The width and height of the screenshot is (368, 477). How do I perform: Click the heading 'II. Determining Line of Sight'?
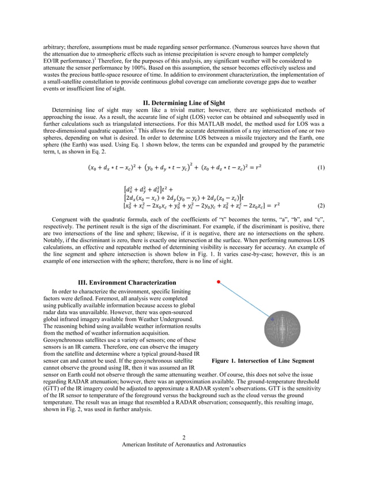point(183,103)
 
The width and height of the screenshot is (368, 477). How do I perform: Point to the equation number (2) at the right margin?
point(320,206)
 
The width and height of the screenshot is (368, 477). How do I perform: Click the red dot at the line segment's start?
point(218,282)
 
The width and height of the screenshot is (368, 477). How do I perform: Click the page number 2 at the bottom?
point(183,437)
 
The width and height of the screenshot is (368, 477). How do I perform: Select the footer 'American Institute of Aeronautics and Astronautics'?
point(183,445)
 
